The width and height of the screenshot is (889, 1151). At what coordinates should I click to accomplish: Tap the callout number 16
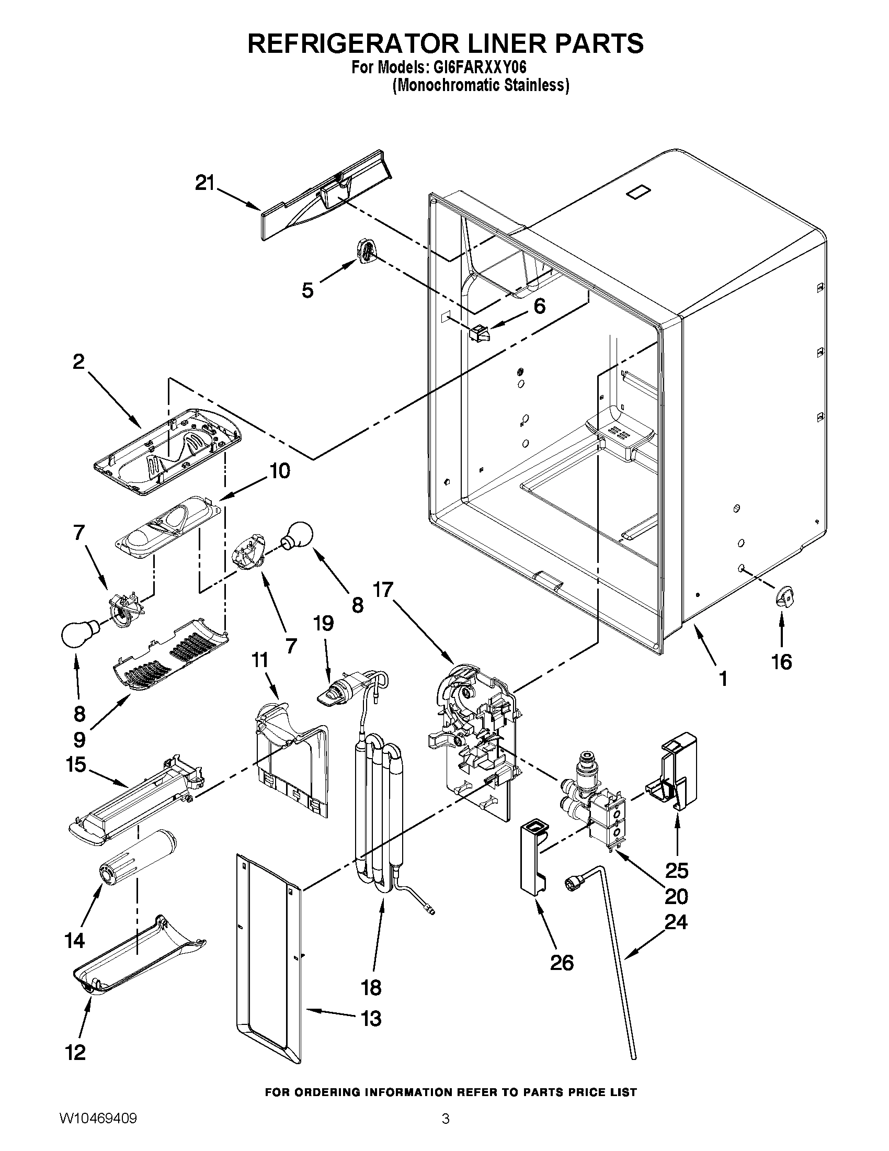(782, 661)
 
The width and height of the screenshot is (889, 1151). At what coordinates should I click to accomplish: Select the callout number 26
(562, 963)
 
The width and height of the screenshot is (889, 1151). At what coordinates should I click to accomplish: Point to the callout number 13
(371, 1018)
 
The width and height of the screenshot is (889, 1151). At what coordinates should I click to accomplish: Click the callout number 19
(323, 624)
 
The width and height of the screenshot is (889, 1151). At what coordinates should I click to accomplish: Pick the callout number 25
(677, 871)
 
